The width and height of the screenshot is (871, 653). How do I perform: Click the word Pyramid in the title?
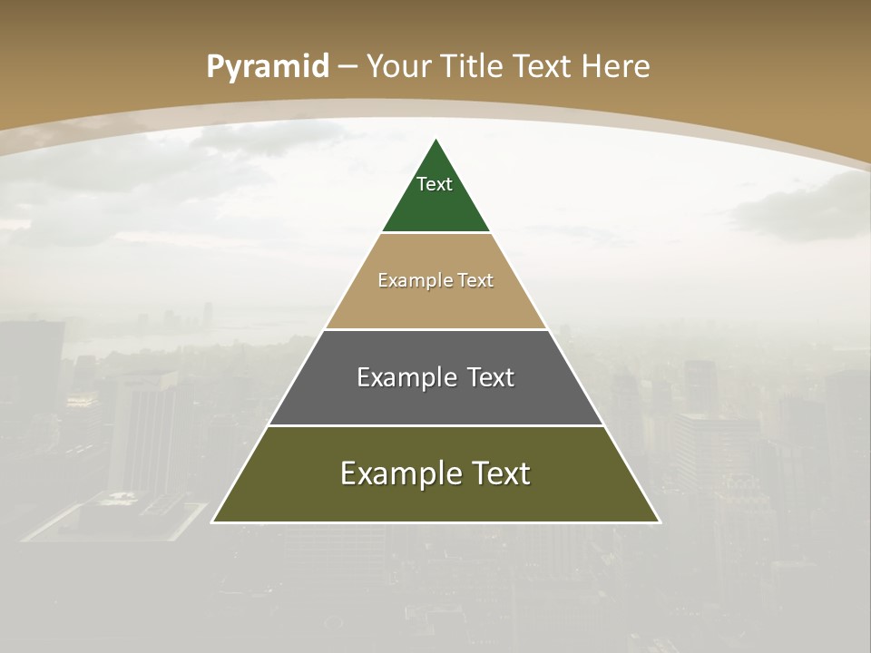(x=268, y=67)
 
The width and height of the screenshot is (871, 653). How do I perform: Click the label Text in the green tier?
(x=435, y=184)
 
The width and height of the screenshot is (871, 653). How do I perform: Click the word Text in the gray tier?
(x=491, y=377)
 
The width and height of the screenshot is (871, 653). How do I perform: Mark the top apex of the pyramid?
(x=435, y=140)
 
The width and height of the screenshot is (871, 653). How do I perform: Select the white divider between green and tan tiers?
(x=435, y=232)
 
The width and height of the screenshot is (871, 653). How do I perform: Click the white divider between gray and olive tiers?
(x=435, y=425)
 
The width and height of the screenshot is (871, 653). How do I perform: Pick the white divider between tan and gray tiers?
(x=435, y=329)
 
